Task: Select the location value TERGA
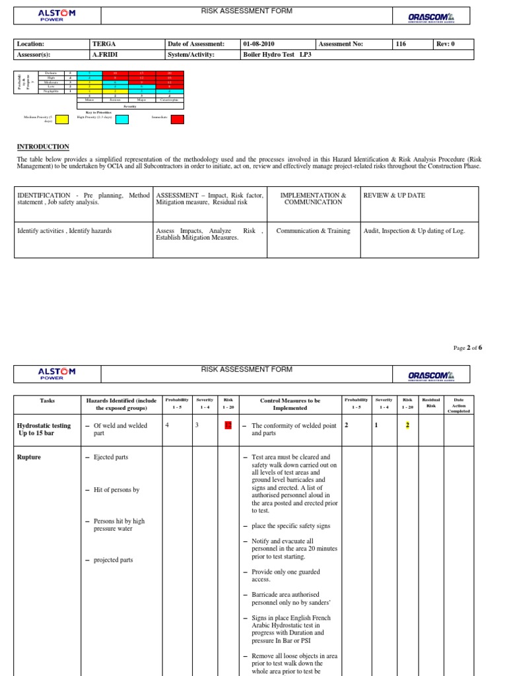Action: pos(104,44)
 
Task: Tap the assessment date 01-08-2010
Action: pos(257,44)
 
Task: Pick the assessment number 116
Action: pos(400,44)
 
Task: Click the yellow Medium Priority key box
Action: pos(61,119)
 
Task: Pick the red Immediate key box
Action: pos(177,119)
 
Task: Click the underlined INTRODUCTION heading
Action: pos(42,147)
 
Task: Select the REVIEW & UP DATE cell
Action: pos(394,195)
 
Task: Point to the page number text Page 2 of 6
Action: pos(468,348)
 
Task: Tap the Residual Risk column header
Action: pos(430,402)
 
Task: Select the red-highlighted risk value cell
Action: pos(228,426)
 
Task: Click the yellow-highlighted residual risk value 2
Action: pos(407,425)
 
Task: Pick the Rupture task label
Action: pos(29,457)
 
